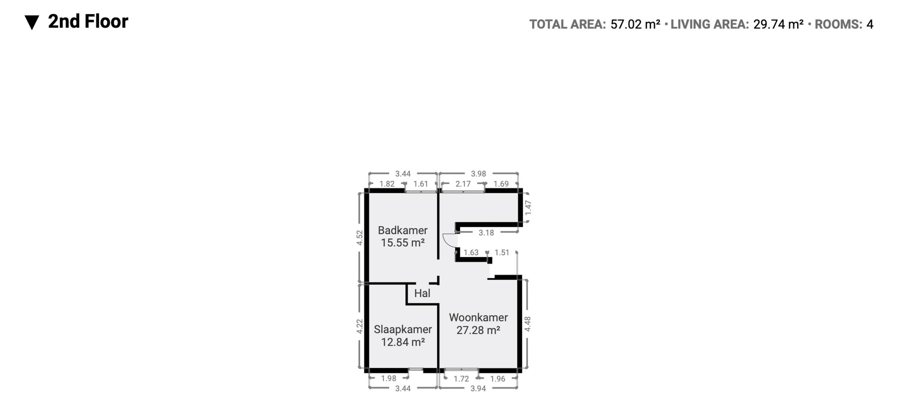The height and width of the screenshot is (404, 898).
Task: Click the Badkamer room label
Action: [403, 230]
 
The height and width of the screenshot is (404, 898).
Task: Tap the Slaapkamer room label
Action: [403, 329]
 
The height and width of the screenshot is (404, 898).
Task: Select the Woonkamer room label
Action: [478, 317]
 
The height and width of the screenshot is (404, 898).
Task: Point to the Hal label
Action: [422, 293]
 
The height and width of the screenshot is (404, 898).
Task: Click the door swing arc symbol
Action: [449, 240]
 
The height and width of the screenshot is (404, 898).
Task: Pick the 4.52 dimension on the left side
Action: [360, 237]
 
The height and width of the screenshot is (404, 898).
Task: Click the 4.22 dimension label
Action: [360, 326]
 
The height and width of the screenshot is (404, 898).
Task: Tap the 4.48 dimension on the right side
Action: [527, 324]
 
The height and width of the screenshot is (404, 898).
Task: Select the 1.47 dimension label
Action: [528, 208]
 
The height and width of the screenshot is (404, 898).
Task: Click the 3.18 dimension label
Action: [486, 233]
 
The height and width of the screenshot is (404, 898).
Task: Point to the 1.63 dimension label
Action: [471, 252]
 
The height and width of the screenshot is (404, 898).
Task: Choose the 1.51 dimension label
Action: [502, 252]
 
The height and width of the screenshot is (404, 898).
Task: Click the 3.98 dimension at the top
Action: [478, 174]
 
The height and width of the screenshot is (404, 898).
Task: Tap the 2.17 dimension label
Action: [463, 184]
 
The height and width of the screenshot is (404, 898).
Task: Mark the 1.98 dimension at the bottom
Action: [389, 378]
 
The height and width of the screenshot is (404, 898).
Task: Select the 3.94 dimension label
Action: [478, 388]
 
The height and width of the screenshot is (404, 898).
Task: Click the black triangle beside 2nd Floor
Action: [32, 22]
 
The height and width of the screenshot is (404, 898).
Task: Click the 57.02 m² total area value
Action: [635, 24]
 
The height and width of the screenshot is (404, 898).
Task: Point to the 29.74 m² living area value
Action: [778, 24]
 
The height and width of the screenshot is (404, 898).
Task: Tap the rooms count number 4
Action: [870, 24]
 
